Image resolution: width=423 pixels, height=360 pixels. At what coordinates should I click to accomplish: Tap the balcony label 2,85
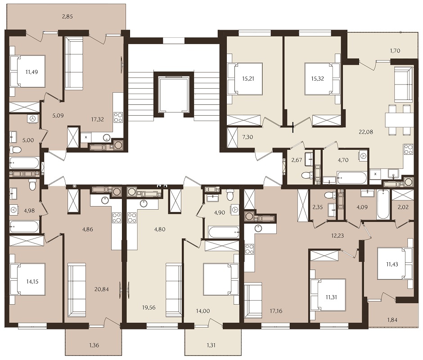67,17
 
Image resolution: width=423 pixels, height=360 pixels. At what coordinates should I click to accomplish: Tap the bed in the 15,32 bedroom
321,79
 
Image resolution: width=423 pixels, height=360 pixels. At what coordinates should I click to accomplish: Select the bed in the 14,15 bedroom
28,279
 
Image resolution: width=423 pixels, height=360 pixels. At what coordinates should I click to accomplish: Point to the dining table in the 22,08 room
399,120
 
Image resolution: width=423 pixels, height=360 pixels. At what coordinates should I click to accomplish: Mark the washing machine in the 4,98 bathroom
15,210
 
